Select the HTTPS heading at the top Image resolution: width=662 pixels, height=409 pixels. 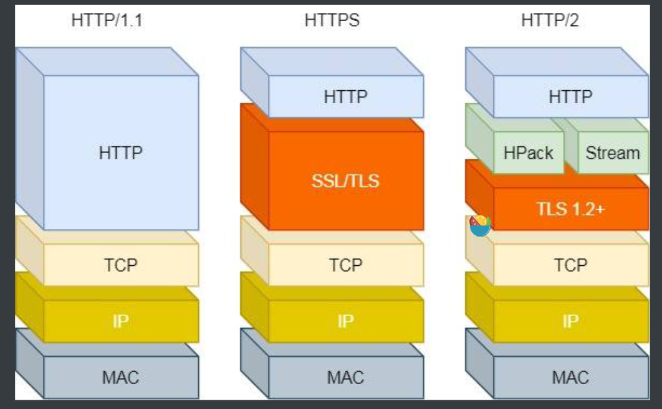pyautogui.click(x=332, y=21)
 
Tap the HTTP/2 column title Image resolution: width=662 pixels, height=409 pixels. pyautogui.click(x=550, y=21)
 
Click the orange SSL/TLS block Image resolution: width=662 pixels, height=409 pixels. pyautogui.click(x=345, y=181)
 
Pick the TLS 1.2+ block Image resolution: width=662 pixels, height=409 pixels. pyautogui.click(x=570, y=209)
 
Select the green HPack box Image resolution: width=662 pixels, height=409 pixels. pyautogui.click(x=529, y=153)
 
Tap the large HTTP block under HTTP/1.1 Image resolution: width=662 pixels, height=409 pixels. pyautogui.click(x=121, y=153)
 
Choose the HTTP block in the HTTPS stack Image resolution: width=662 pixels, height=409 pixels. pyautogui.click(x=345, y=97)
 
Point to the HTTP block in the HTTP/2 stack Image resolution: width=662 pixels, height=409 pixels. pyautogui.click(x=570, y=97)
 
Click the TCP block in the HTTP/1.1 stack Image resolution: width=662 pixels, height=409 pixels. pyautogui.click(x=121, y=265)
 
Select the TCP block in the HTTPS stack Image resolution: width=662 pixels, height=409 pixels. pyautogui.click(x=345, y=265)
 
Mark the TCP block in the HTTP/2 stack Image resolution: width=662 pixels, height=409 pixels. pyautogui.click(x=570, y=265)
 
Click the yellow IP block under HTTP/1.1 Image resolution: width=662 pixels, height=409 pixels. pyautogui.click(x=121, y=321)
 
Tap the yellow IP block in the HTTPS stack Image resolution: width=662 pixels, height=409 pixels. pyautogui.click(x=345, y=321)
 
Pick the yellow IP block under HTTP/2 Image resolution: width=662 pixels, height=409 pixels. pyautogui.click(x=570, y=321)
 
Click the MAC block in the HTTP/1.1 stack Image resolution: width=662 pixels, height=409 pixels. pyautogui.click(x=121, y=377)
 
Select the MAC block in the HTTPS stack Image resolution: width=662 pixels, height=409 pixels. pyautogui.click(x=345, y=377)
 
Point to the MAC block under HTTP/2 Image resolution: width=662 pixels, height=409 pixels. pyautogui.click(x=570, y=377)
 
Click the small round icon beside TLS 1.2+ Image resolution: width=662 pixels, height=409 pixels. pyautogui.click(x=480, y=225)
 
